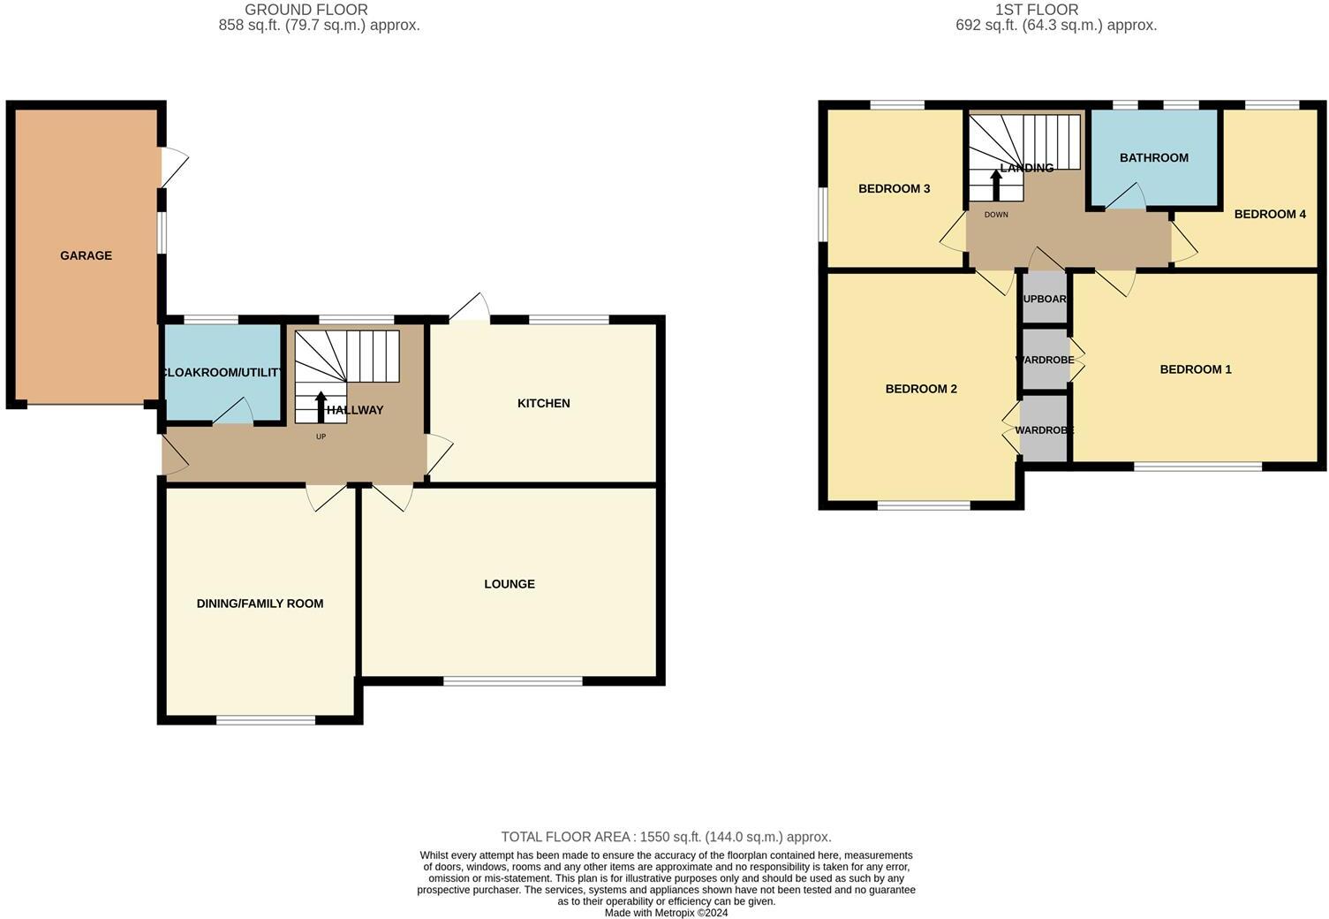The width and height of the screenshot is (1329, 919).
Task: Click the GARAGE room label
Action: tap(86, 255)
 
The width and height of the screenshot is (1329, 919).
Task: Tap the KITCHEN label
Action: tap(543, 403)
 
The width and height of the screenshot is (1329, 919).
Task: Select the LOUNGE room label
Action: tap(510, 584)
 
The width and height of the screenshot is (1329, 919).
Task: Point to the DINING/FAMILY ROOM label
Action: tap(260, 604)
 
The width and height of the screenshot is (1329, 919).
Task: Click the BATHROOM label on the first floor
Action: tap(1153, 157)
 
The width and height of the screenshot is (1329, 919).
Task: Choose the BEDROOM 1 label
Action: tap(1195, 369)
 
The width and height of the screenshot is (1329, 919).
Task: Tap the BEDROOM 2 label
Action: tap(921, 389)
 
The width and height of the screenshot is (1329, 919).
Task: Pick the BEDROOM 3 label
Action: tap(894, 188)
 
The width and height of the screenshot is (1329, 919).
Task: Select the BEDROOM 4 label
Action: tap(1269, 214)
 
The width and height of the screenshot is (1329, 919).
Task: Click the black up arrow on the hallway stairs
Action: tap(321, 406)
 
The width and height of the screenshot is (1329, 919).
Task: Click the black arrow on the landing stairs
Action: tap(996, 185)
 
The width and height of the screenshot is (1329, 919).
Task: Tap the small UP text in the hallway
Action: tap(321, 437)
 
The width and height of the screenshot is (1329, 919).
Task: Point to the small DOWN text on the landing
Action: tap(995, 215)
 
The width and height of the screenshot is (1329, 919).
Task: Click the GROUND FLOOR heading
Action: tap(306, 10)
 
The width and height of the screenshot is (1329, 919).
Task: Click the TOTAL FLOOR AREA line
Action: tap(666, 837)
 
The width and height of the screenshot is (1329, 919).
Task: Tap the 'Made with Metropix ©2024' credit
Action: tap(666, 913)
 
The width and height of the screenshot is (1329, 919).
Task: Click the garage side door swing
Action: tap(174, 167)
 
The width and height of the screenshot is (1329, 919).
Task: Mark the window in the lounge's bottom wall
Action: tap(512, 680)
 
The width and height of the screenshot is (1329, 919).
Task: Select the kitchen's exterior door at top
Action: tap(470, 308)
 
